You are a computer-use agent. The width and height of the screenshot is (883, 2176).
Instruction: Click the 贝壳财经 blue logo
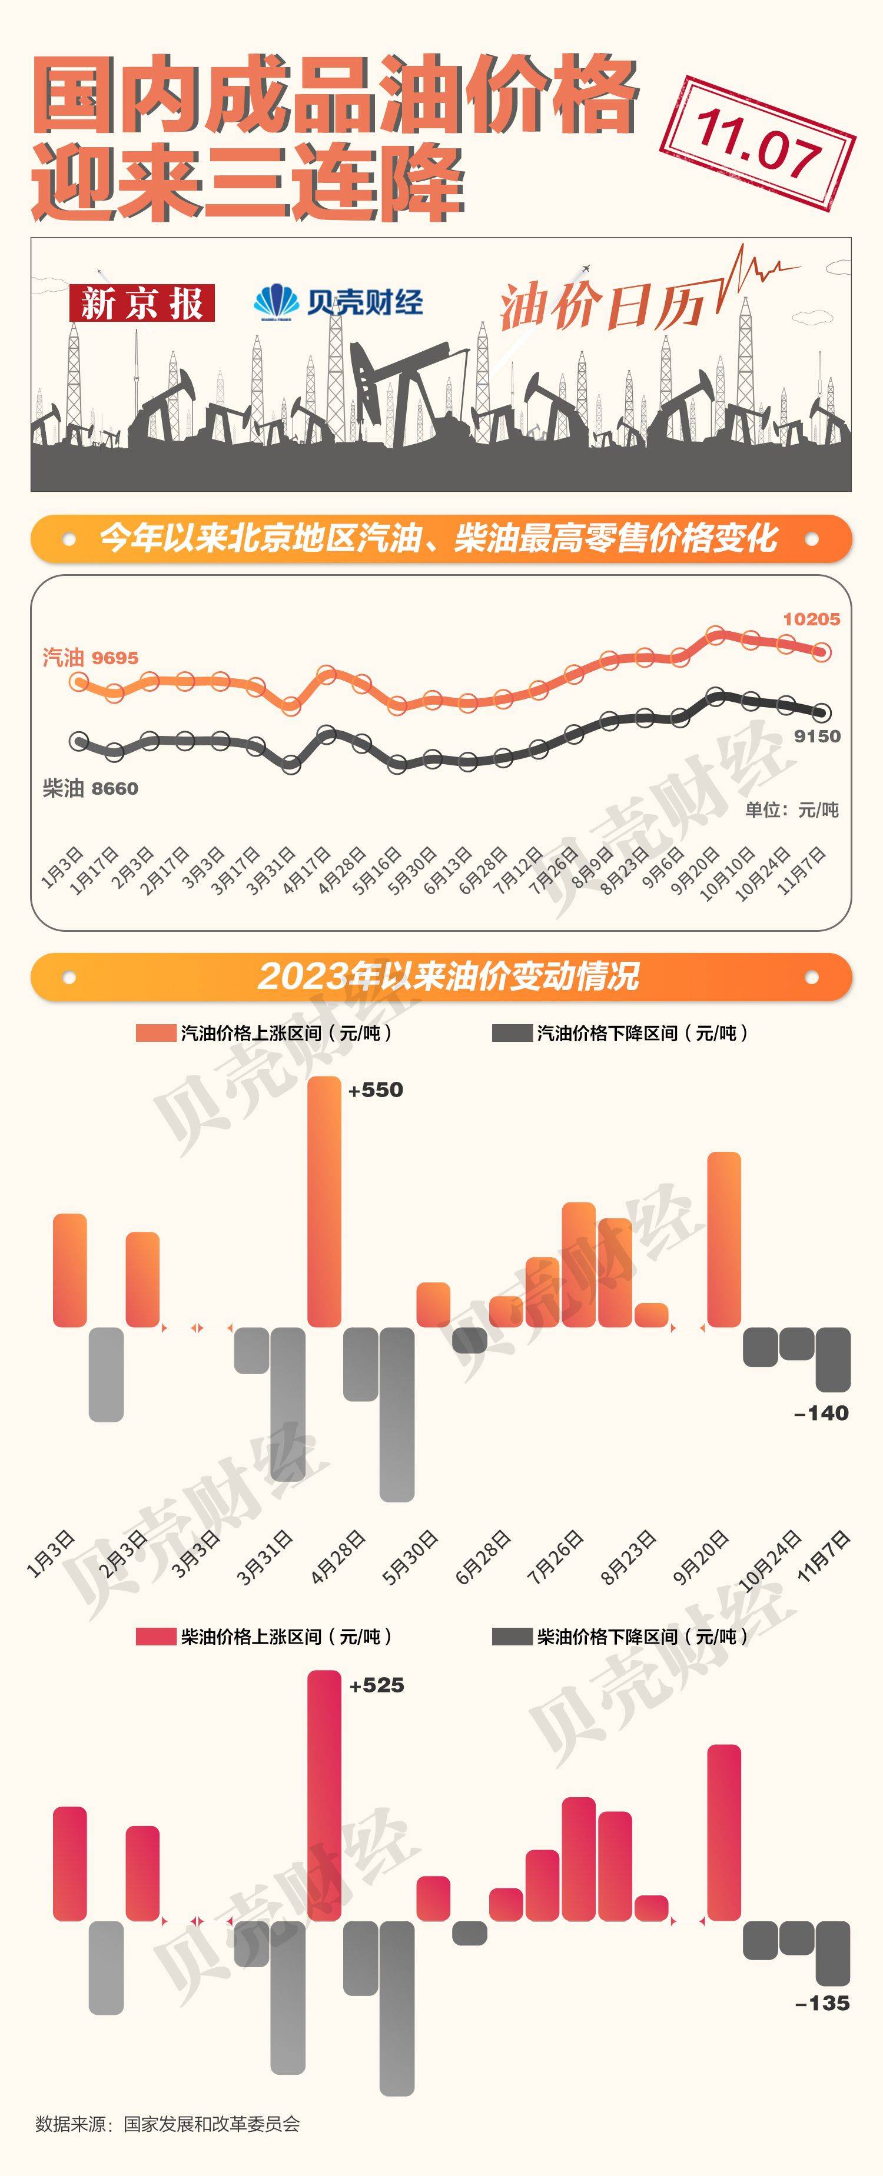point(338,302)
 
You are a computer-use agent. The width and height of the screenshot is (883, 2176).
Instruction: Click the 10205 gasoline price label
point(811,619)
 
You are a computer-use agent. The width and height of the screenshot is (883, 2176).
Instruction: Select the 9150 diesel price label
point(817,736)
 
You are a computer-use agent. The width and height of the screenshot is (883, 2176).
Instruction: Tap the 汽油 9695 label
point(91,657)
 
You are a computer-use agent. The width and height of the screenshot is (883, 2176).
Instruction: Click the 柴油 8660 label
point(91,788)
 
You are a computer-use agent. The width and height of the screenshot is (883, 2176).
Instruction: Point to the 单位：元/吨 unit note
point(792,809)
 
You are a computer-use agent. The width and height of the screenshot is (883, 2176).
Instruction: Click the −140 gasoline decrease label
point(821,1413)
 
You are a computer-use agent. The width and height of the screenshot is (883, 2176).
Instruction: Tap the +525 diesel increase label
point(376,1685)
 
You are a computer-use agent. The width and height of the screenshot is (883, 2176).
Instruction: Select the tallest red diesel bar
point(324,1794)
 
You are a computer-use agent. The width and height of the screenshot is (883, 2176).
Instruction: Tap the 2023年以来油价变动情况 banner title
point(448,977)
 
